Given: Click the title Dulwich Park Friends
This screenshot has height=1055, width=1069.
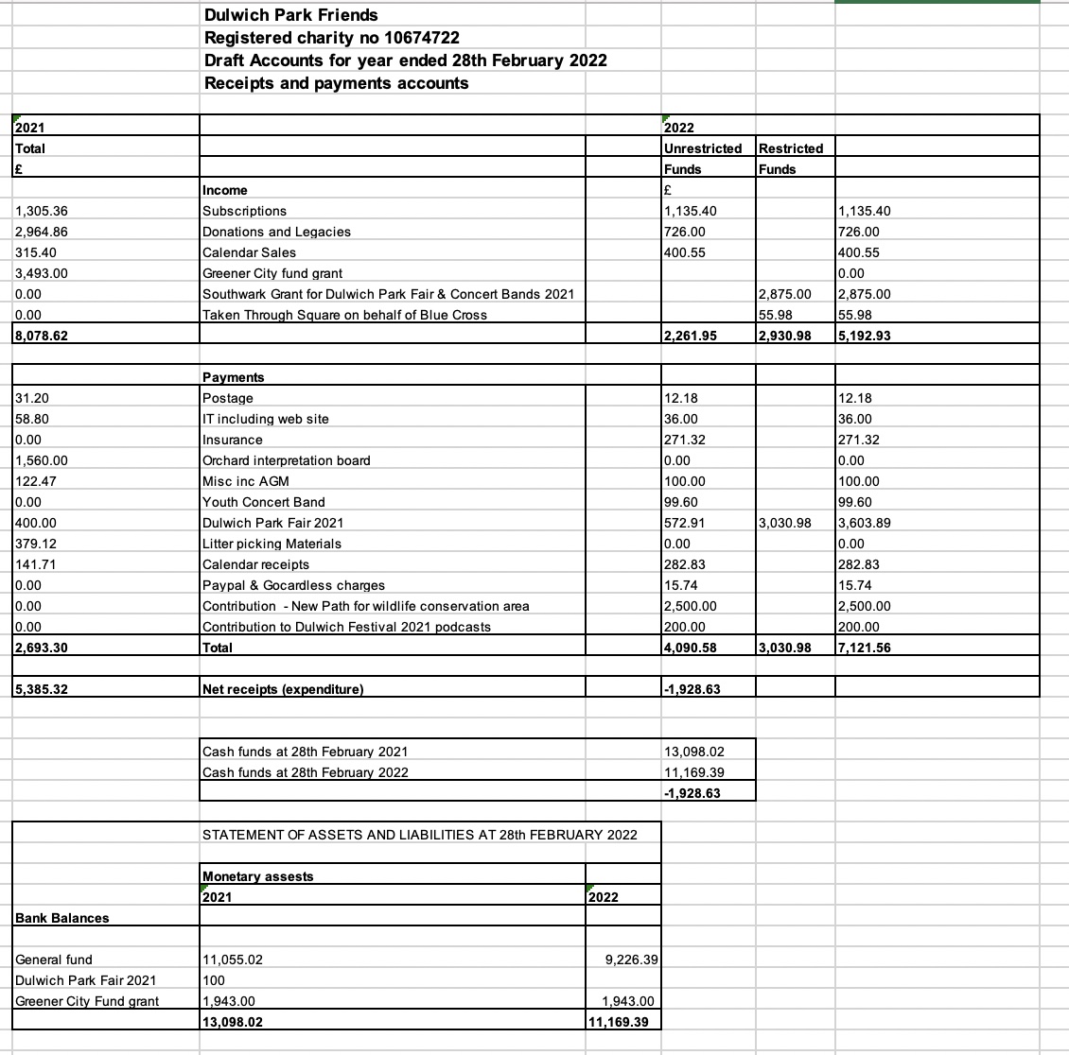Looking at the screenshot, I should [x=291, y=15].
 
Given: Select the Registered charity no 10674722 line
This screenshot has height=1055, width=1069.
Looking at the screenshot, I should [x=332, y=38].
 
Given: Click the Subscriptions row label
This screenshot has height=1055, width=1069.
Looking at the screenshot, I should [x=245, y=211].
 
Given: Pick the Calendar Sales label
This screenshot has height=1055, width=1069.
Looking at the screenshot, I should [x=249, y=252].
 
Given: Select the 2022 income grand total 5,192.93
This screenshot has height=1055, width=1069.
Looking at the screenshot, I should [x=865, y=336].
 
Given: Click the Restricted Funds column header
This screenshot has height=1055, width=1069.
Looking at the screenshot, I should [x=791, y=148].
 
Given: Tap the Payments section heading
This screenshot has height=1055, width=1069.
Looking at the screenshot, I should [x=234, y=377].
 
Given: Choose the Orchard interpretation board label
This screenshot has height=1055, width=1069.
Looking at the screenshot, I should [x=287, y=460].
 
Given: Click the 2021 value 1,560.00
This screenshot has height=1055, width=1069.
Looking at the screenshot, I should [x=42, y=460].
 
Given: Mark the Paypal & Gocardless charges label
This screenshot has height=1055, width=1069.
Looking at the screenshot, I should [x=293, y=585].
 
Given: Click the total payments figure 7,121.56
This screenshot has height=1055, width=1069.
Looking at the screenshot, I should [x=865, y=648].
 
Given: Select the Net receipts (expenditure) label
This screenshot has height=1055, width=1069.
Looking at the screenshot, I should [x=283, y=689].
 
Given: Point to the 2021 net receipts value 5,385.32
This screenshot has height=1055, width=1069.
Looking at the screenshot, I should [x=41, y=689].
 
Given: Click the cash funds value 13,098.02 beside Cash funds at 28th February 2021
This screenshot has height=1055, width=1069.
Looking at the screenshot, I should [x=695, y=752].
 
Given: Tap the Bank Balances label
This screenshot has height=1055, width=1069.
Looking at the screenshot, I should [x=62, y=918].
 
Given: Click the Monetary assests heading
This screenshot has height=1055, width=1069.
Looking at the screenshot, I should [x=258, y=876].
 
